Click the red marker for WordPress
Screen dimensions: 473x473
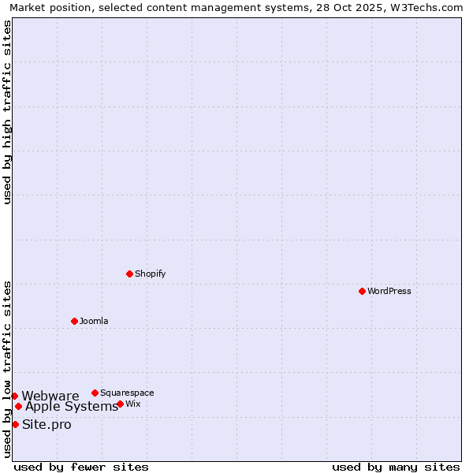tap(362, 291)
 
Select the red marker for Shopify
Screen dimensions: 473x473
tap(129, 274)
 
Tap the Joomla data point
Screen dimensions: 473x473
tap(74, 321)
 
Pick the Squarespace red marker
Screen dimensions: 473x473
tap(95, 393)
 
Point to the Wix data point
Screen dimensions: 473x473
tap(120, 404)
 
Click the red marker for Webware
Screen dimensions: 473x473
tap(14, 396)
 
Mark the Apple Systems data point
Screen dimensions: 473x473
tap(18, 407)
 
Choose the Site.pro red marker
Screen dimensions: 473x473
tap(15, 424)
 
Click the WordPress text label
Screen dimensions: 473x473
tap(389, 291)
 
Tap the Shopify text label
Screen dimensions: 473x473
tap(150, 274)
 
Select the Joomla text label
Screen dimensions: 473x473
tap(94, 321)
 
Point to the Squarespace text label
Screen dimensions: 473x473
tap(127, 393)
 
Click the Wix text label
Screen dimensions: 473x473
tap(133, 404)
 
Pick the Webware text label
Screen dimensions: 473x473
tap(50, 396)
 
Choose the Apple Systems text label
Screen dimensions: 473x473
tap(72, 407)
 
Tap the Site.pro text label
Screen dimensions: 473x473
tap(47, 424)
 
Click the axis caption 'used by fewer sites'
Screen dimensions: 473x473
tap(81, 467)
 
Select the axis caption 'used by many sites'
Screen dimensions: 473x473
tap(396, 467)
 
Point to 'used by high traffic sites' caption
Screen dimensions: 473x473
tap(7, 112)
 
